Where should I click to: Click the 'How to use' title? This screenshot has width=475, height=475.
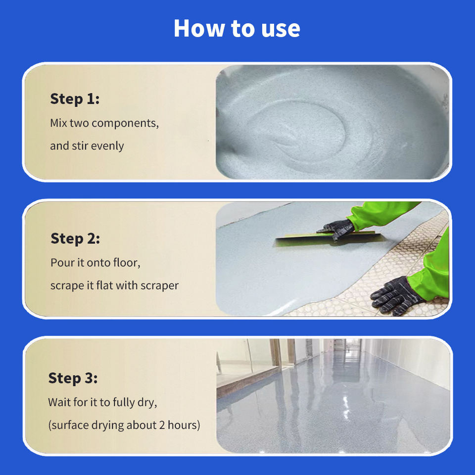coord(237,29)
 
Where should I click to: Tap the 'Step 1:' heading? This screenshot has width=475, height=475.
coord(75,99)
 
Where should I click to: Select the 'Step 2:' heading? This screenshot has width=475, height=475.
coord(75,238)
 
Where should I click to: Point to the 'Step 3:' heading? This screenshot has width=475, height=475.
coord(73,379)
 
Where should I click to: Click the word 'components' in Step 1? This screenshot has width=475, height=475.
coord(125,124)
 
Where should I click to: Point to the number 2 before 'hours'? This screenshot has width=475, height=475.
coord(162,426)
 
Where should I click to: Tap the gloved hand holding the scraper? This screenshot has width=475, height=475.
coord(336,229)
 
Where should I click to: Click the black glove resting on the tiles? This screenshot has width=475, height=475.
coord(395,296)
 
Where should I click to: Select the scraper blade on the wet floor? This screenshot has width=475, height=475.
coord(329,238)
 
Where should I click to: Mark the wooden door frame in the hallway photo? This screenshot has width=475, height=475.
coord(276,352)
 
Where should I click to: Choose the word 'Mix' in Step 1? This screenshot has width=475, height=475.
coord(58,123)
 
